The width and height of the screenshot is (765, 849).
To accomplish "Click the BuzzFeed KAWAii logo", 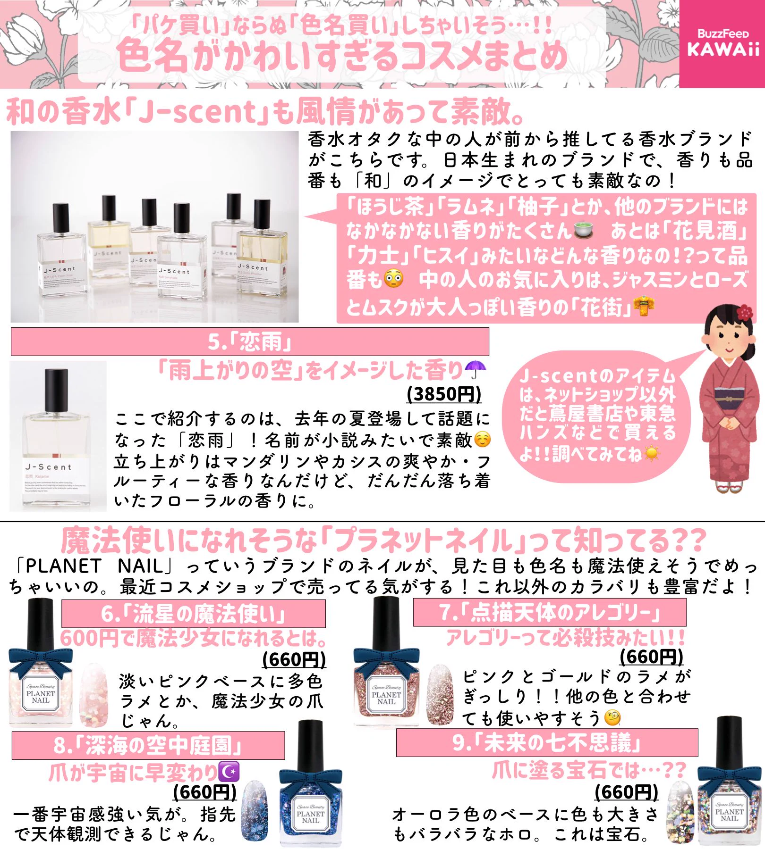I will (722, 43).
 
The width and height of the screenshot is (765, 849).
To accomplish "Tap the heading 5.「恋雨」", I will (250, 342).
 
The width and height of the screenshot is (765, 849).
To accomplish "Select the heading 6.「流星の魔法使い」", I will (193, 614).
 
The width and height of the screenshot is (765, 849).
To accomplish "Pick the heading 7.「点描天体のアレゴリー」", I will (550, 613).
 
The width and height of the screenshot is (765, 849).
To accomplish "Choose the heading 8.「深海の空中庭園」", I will (148, 746).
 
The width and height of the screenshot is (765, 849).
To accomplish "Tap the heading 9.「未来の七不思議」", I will (547, 742).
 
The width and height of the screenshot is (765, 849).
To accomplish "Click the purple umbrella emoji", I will (475, 370).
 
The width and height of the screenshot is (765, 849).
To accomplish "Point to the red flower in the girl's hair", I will (744, 312).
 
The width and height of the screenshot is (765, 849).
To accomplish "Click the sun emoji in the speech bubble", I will (652, 454).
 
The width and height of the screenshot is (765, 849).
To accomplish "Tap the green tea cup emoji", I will (584, 231).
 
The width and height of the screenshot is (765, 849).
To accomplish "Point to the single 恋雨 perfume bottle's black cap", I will (56, 390).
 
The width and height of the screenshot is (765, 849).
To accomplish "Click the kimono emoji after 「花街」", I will (644, 307).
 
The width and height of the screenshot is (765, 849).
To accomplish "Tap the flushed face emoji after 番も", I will (394, 279).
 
